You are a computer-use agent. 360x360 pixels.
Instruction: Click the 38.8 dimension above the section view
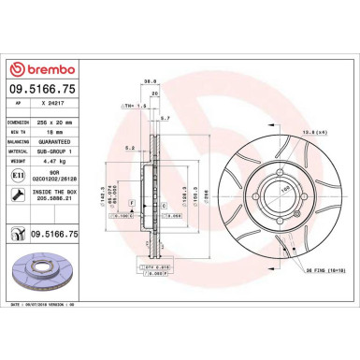[x=147, y=81]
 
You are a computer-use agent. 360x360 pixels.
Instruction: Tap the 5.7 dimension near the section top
[x=165, y=119]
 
